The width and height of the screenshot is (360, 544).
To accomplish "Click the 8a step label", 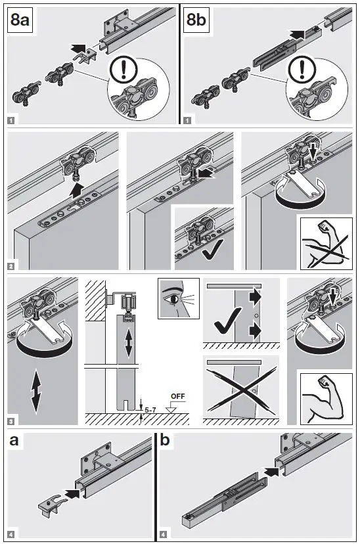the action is (x=20, y=20).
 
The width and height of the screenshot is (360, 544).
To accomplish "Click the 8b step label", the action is (x=196, y=20).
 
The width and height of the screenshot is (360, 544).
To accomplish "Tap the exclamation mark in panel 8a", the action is (x=123, y=69).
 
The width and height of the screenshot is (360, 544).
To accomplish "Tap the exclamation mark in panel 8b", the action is (x=302, y=70).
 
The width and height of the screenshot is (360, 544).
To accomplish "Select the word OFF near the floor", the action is (x=178, y=396).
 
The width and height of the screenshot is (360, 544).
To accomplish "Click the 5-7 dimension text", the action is (x=150, y=410).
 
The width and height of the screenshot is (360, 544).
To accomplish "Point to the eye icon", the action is (x=179, y=298).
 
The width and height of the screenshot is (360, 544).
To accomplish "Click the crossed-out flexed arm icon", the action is (x=326, y=244).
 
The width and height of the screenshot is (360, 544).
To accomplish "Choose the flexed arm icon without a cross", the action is (x=326, y=399).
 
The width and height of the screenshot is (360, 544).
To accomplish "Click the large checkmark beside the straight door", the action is (x=227, y=321).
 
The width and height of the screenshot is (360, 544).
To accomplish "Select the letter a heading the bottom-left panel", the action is (x=14, y=441).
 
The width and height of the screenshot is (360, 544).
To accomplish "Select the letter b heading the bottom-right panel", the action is (x=165, y=440).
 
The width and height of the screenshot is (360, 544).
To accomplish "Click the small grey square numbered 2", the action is (x=11, y=267).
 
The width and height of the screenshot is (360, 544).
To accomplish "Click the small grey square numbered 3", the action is (x=11, y=422).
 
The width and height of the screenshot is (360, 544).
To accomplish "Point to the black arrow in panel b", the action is (x=271, y=471).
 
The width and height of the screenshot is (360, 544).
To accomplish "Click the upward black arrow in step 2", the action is (x=78, y=191).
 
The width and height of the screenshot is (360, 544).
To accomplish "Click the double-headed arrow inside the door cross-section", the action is (x=129, y=344).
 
